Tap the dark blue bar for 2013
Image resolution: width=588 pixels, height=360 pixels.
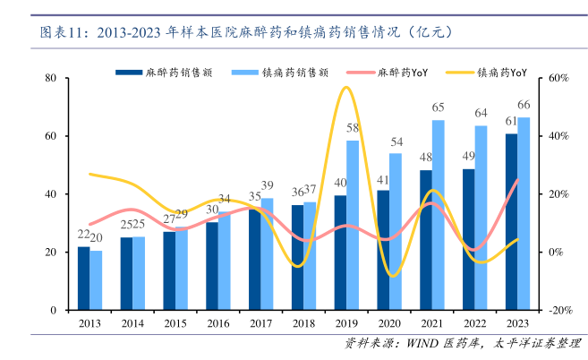click(x=83, y=279)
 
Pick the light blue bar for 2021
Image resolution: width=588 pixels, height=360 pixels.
click(x=439, y=215)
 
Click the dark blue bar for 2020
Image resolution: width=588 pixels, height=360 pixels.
click(x=383, y=250)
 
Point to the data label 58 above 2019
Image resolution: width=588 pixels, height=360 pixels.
click(x=353, y=128)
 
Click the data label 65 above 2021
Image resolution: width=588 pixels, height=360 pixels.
click(x=439, y=108)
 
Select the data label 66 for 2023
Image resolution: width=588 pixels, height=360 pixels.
click(x=524, y=105)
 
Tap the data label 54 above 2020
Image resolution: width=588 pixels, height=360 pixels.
click(x=396, y=141)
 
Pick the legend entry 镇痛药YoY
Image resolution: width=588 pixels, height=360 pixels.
click(x=497, y=71)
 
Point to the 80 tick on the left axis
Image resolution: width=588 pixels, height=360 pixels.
click(x=51, y=79)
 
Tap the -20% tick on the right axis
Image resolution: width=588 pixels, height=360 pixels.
click(x=560, y=310)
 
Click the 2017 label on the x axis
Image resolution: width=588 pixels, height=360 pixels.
click(x=260, y=322)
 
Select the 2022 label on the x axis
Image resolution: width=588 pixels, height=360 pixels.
click(x=474, y=322)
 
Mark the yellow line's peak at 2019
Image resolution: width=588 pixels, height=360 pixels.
click(x=345, y=87)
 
